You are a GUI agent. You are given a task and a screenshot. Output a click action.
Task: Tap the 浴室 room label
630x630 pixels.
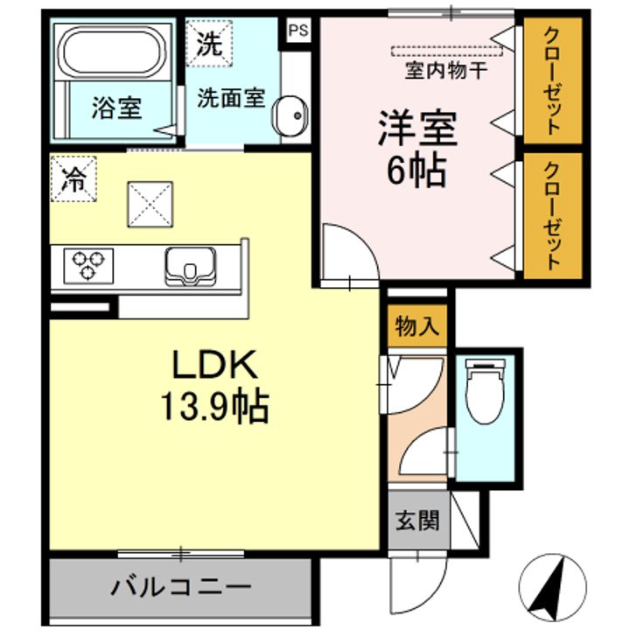coord(116,111)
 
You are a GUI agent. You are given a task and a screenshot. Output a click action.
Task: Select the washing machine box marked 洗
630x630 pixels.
coord(208,43)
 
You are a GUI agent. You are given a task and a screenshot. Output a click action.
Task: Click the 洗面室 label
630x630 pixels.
coord(230,97)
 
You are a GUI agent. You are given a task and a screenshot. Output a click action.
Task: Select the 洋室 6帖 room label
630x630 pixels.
coord(416,150)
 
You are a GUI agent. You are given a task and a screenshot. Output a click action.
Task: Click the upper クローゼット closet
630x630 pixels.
coord(552,81)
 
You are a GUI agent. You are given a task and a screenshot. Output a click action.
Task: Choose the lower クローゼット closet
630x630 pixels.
coord(552,214)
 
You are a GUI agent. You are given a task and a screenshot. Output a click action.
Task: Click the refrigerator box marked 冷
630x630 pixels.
coord(73,179)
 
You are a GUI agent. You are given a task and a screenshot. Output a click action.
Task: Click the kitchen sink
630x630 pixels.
coord(190,265)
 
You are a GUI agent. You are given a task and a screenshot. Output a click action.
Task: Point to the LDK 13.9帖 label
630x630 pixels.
coord(213,384)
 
